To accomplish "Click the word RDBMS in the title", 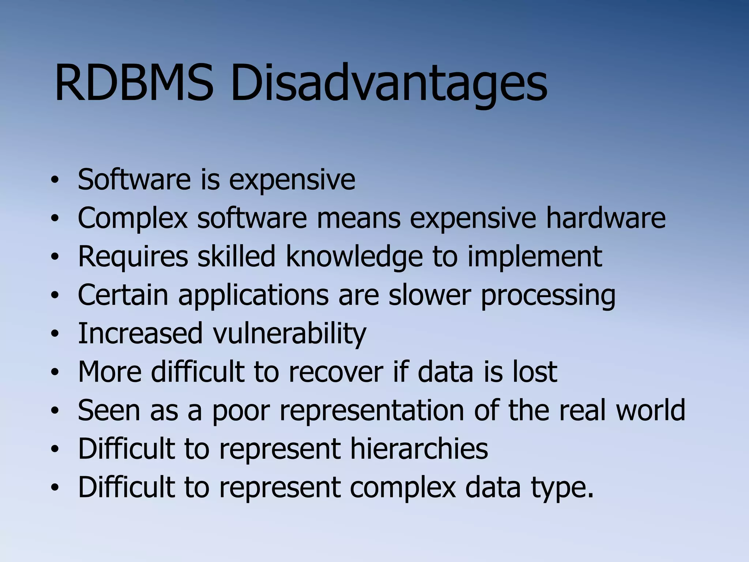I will (x=133, y=83).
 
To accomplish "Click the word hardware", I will (x=605, y=218).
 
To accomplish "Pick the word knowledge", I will (x=354, y=258).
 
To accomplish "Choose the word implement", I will (x=534, y=258).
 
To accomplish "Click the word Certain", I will (x=123, y=295).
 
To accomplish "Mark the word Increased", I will (x=140, y=334).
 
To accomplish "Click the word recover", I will (x=335, y=372).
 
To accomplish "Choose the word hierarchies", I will (x=419, y=449).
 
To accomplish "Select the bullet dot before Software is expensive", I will (x=55, y=180).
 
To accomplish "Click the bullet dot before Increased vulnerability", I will (x=55, y=334).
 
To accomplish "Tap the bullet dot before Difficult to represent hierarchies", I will (x=55, y=449).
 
